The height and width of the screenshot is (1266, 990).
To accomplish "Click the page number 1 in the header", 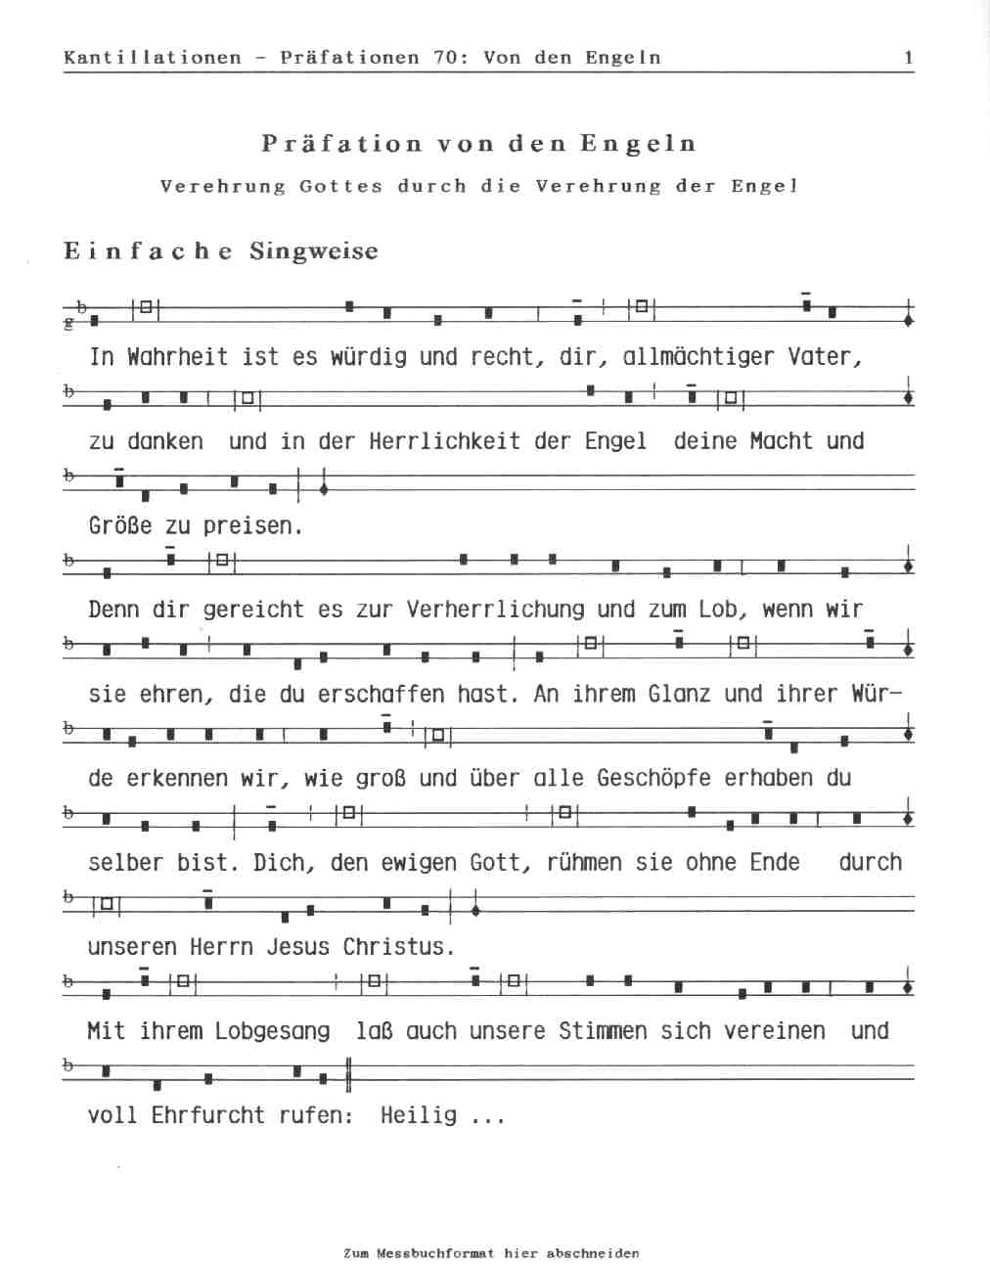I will coord(908,58).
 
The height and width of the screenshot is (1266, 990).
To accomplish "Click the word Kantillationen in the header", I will coord(152,58).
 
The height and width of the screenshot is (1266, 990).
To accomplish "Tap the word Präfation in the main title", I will coord(341,144).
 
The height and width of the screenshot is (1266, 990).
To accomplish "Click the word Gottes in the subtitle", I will coord(340,186).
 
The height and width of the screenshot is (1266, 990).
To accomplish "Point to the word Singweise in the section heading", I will coord(313,251).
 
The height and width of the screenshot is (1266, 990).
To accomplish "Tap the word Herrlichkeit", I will coord(444,441).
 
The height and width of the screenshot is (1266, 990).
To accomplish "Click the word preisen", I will coord(252,526).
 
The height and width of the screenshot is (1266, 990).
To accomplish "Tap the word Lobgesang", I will coord(272,1031).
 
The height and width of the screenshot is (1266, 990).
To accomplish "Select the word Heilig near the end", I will coord(419,1115).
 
